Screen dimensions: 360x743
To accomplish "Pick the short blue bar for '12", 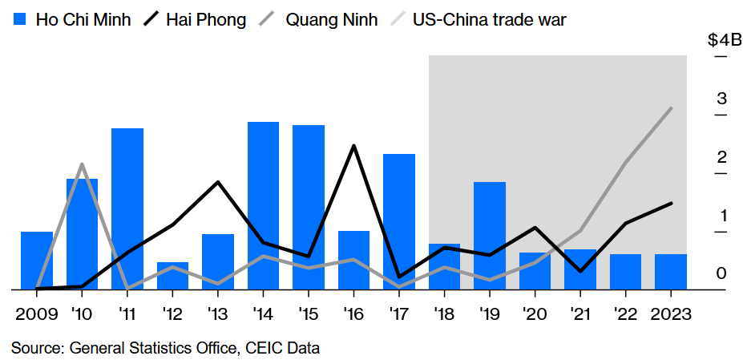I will [x=172, y=275].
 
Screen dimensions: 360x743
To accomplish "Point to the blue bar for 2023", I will [x=671, y=271].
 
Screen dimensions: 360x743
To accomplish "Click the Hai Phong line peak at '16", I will [x=353, y=146].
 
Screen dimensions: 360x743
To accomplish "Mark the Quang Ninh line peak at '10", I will [x=82, y=165].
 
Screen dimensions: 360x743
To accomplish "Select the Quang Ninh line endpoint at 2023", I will [x=671, y=108].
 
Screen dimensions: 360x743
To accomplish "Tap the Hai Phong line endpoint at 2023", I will [x=671, y=204].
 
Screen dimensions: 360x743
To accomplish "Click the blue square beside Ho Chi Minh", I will [x=22, y=19].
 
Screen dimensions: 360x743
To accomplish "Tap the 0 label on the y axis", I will [x=721, y=273].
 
